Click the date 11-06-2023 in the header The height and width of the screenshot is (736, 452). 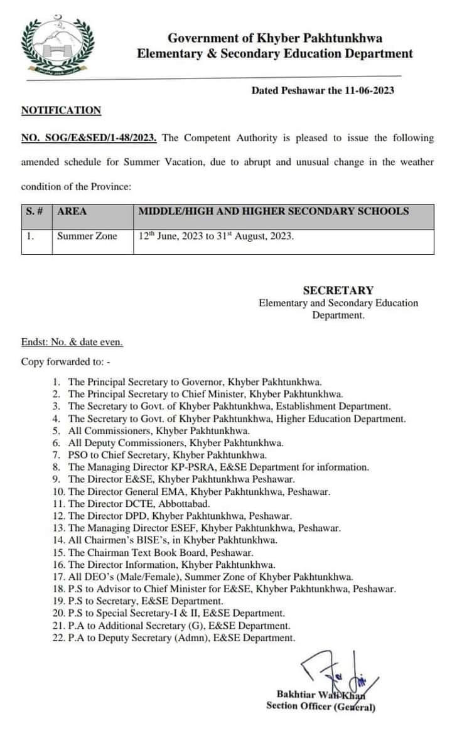(369, 90)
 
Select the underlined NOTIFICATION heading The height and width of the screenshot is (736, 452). (61, 110)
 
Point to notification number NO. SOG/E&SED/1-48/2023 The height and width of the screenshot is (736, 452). (89, 138)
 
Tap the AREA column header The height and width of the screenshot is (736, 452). (72, 211)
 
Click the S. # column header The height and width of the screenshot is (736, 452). (35, 211)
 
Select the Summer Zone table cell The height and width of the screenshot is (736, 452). (87, 237)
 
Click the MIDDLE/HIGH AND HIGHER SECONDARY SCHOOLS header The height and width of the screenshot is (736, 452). (273, 211)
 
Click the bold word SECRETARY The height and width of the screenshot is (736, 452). (338, 291)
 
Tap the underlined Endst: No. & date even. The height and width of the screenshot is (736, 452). (72, 343)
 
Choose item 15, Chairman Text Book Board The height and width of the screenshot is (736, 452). (161, 553)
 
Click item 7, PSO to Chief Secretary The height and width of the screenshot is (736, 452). (167, 456)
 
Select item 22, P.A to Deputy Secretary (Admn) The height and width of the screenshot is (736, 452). (181, 638)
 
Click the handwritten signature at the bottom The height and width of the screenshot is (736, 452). (333, 668)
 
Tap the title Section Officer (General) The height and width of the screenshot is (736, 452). (320, 707)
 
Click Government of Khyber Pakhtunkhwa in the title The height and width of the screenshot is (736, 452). (275, 39)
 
